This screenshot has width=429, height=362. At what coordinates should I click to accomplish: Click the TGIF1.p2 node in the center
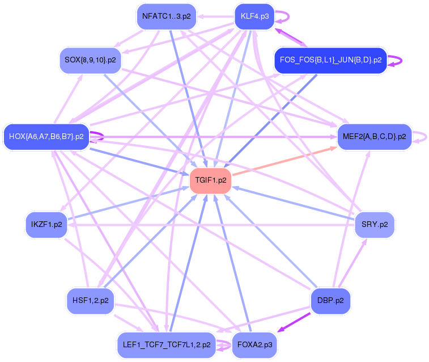(211, 180)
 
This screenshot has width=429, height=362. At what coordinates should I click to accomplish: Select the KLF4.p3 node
(254, 16)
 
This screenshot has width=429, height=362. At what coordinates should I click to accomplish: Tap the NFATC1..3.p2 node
(166, 16)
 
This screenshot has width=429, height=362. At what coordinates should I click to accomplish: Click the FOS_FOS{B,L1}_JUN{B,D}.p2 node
(330, 60)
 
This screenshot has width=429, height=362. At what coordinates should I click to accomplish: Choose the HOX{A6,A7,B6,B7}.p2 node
(46, 137)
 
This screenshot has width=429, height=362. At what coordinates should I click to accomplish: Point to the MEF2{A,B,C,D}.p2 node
(374, 137)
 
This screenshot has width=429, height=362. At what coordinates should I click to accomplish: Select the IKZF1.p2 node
(46, 225)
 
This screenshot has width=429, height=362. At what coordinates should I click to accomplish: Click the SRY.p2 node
(374, 225)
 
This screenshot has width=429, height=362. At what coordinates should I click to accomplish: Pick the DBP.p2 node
(330, 300)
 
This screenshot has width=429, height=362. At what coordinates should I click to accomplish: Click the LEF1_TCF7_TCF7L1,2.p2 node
(166, 344)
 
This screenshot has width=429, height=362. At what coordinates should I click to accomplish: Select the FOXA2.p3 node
(254, 344)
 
